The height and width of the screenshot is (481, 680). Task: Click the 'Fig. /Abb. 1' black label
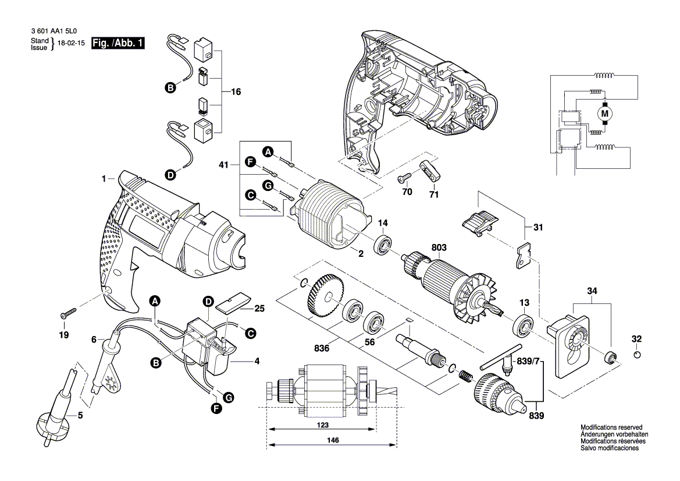point(119,43)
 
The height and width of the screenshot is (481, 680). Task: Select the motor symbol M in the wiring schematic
point(604,112)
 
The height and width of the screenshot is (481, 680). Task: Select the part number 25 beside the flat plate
point(259,307)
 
